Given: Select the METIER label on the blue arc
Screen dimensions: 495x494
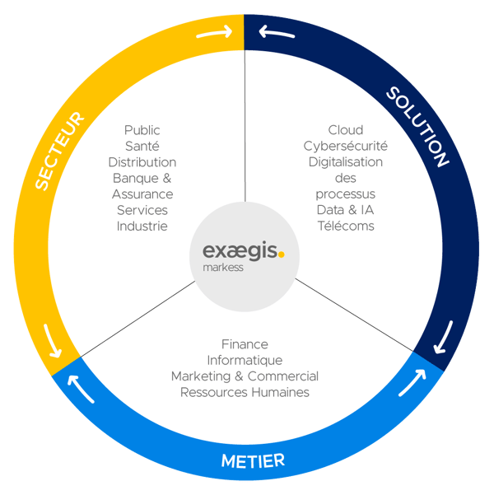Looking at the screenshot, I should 253,460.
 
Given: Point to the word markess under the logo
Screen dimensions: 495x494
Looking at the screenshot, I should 222,268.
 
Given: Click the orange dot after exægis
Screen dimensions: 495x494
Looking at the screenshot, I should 282,254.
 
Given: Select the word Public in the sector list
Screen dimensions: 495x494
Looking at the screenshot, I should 142,130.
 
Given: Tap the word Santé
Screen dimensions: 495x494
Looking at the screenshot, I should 142,146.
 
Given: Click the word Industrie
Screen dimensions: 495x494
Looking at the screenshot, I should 142,226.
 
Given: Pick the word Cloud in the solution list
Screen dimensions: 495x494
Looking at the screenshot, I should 346,130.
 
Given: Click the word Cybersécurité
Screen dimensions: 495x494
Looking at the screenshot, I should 346,146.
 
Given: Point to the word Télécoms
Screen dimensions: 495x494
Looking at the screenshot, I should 346,226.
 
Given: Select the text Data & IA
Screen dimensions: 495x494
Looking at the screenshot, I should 346,210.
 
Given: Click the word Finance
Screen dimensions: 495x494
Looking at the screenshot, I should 245,344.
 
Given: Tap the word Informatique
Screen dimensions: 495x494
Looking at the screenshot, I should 245,360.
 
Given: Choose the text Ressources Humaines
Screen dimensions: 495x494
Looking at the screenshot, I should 245,392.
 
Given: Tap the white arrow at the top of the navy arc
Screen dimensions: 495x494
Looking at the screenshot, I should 277,35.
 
